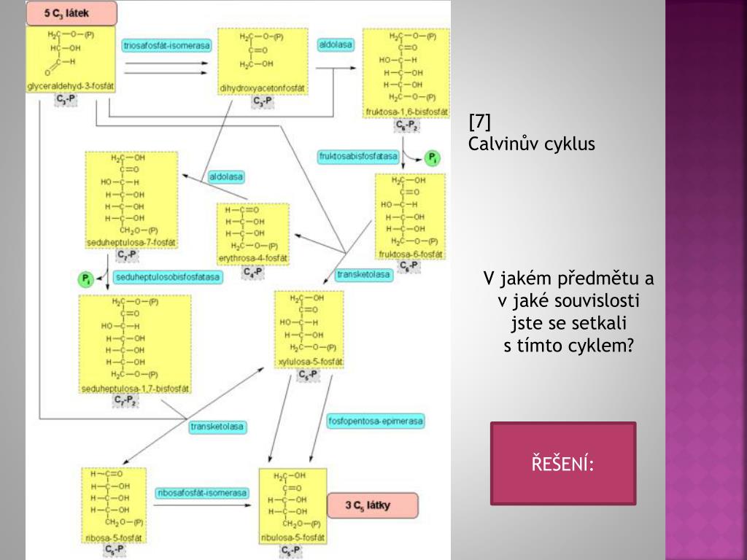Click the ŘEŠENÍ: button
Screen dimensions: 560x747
pos(562,463)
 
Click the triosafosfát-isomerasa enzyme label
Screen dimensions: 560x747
pos(167,45)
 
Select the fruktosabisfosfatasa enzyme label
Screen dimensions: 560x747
pos(358,156)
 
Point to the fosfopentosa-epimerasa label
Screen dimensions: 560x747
pos(376,421)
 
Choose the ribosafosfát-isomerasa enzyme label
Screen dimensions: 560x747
pos(201,493)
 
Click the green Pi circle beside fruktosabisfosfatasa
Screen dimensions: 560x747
pos(433,157)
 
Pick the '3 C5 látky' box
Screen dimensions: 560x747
pos(371,505)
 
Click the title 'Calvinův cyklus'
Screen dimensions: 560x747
pos(531,144)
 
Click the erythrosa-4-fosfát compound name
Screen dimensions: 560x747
pos(253,259)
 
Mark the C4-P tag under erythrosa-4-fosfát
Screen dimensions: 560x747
pos(253,272)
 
